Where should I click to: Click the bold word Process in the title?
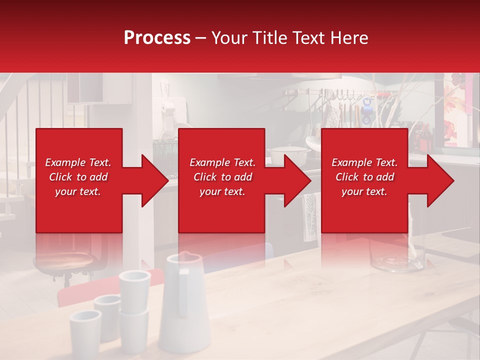[157, 38]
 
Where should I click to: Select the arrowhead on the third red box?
[438, 180]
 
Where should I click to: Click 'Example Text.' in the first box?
[78, 162]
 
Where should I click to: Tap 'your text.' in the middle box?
[222, 191]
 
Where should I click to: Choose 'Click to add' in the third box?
[364, 177]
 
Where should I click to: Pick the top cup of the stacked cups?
[134, 284]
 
